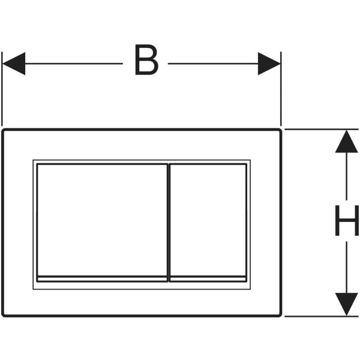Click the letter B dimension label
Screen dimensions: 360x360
146,59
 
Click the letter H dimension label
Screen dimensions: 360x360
347,220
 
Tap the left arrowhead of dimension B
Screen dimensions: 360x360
14,64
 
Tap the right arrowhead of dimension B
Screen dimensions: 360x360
269,64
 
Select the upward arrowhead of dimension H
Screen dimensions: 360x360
346,142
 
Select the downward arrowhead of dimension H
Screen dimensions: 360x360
346,304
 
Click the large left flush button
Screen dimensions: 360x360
102,220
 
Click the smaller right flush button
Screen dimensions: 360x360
208,220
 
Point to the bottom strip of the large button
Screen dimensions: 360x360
102,279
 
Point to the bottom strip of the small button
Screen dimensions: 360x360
208,279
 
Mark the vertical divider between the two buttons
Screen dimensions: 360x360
169,223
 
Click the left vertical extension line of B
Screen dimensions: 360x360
2,89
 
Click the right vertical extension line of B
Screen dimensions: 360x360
281,89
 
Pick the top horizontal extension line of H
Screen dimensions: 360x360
322,129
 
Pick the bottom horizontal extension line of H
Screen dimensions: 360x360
322,316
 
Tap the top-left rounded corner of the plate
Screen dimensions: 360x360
4,131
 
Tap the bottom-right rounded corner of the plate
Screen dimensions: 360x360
280,315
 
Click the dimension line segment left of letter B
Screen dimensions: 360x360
74,64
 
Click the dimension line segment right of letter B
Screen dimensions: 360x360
213,64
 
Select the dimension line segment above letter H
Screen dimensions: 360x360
346,176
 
